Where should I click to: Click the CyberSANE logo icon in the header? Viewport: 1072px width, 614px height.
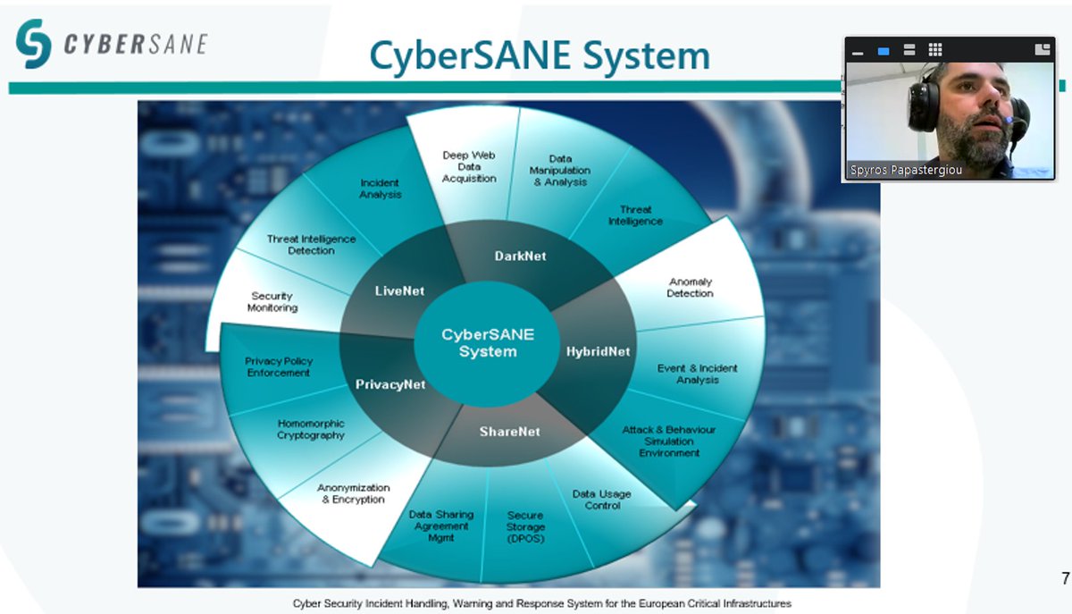coord(34,43)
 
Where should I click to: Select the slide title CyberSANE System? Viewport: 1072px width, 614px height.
coord(540,55)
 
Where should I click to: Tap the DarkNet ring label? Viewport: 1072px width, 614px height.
coord(520,256)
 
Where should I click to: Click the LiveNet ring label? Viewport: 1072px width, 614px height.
coord(399,290)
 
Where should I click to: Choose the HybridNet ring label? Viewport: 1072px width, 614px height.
coord(598,351)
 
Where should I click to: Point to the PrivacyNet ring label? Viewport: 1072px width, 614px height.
coord(390,384)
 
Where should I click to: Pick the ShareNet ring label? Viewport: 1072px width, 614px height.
coord(509,432)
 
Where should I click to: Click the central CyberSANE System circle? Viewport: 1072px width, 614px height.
coord(488,343)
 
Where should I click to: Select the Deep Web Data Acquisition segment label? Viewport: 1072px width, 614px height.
coord(469,167)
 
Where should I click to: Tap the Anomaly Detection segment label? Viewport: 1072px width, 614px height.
coord(690,288)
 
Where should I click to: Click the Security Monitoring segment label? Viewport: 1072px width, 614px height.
coord(272,302)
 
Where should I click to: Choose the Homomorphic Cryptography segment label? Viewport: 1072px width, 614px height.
coord(311,429)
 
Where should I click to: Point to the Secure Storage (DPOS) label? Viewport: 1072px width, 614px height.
coord(525,527)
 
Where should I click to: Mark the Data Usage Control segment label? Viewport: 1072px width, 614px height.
coord(601,500)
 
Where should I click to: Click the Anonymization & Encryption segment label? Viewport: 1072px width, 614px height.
coord(353,493)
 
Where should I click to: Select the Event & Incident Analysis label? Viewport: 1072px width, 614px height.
coord(698,374)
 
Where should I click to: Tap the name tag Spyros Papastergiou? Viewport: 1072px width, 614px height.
coord(906,170)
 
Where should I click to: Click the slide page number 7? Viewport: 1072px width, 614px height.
coord(1064,577)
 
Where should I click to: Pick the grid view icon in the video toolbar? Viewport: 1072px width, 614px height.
coord(934,50)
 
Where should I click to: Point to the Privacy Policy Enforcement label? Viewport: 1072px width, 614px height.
coord(279,366)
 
